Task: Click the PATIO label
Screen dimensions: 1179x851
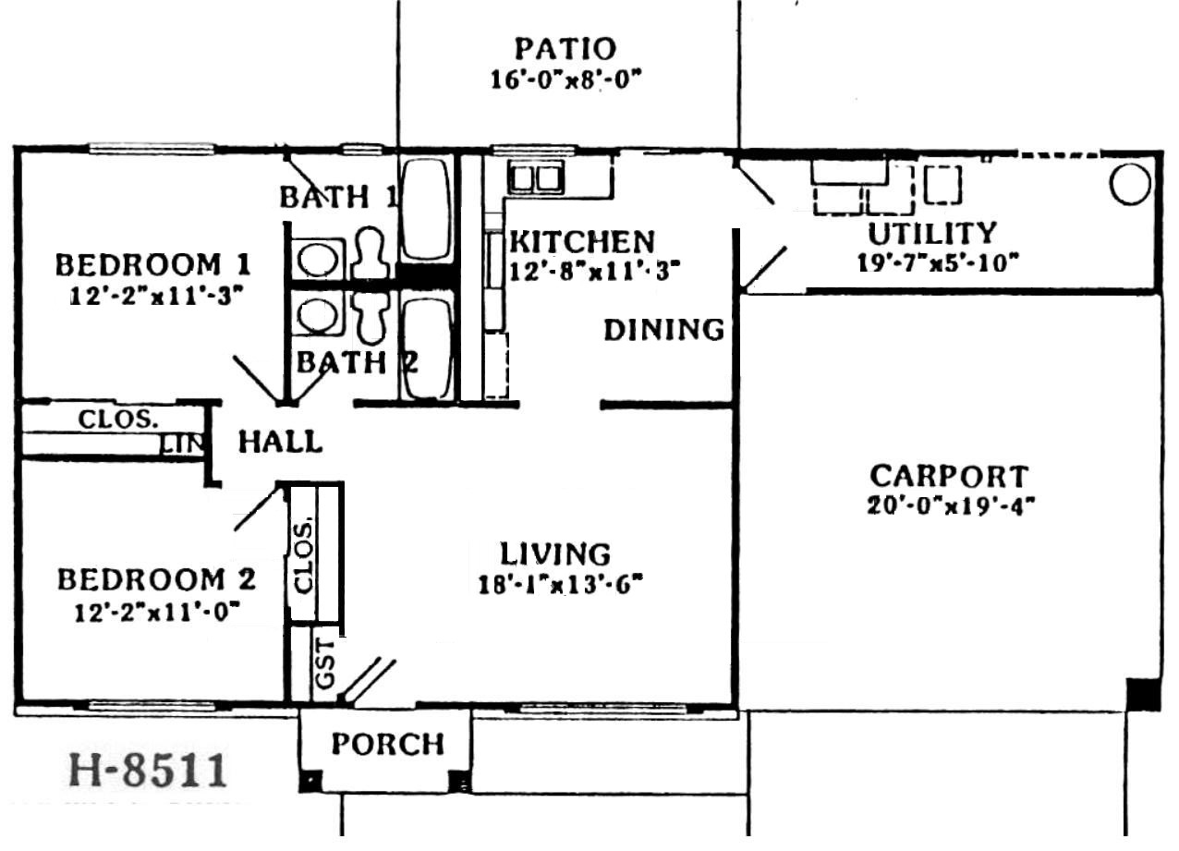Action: [565, 49]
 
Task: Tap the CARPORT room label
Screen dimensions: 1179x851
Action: [949, 476]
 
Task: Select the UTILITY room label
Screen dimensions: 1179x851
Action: [932, 234]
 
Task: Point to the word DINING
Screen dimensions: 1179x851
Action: [663, 330]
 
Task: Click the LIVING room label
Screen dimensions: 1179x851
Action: [555, 554]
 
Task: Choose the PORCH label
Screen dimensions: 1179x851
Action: [388, 744]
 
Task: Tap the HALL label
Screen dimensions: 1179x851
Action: [280, 442]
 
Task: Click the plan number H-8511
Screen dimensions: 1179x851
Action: [148, 770]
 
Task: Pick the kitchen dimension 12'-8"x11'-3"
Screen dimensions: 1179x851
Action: [594, 272]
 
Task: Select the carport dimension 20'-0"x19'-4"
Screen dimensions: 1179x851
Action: [951, 506]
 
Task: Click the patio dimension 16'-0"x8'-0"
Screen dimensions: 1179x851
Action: [565, 80]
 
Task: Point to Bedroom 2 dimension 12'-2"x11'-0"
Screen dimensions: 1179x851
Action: [157, 613]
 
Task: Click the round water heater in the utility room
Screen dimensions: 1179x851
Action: [1129, 184]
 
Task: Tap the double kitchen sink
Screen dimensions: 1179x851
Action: [535, 177]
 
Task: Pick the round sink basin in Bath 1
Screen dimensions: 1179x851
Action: [317, 260]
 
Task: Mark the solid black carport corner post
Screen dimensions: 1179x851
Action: [1143, 694]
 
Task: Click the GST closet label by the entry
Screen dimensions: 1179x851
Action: [324, 664]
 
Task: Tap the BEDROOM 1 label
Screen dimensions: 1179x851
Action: [152, 264]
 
